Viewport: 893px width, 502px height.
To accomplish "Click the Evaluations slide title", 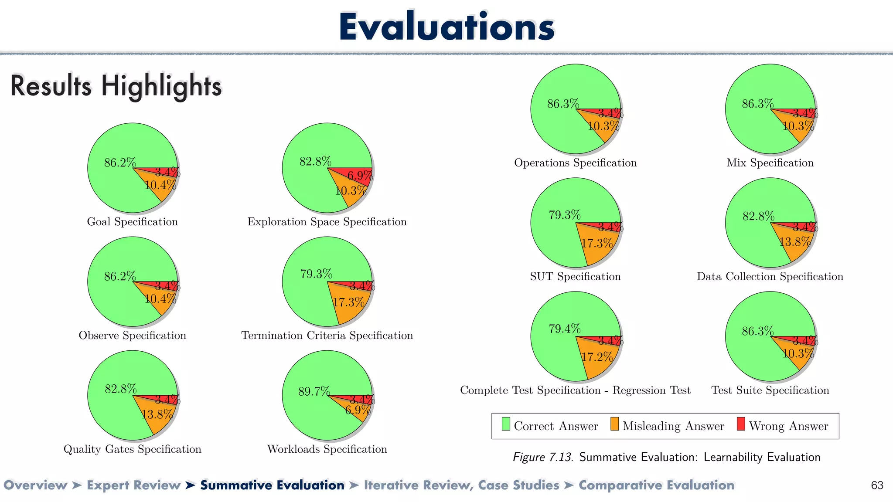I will [x=446, y=27].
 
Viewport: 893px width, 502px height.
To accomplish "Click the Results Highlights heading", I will [x=116, y=85].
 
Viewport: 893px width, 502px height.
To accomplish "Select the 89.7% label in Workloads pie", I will [x=314, y=391].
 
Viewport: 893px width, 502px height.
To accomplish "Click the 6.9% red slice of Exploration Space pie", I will [x=359, y=175].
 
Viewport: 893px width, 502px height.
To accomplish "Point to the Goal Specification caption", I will [x=133, y=222].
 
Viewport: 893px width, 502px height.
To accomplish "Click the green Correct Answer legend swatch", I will [x=506, y=424].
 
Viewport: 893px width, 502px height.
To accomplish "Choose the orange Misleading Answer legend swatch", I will [x=614, y=424].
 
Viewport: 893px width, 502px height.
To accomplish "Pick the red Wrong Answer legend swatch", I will [x=741, y=424].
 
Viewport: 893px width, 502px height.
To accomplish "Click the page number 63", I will [x=877, y=485].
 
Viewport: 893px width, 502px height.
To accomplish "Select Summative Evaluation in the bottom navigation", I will [x=272, y=485].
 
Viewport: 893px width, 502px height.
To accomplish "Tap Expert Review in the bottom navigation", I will [x=133, y=485].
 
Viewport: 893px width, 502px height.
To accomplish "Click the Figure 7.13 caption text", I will [x=666, y=457].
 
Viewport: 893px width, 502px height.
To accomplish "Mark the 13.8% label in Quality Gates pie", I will [x=157, y=414].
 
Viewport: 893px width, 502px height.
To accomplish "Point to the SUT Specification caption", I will [x=575, y=277].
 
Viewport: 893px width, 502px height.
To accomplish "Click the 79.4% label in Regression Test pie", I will [x=564, y=329].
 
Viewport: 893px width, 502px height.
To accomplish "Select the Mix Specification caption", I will [x=770, y=163].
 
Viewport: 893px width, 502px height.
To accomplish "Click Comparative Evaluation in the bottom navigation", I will [x=656, y=485].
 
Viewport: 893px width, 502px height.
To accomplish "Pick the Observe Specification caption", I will [x=133, y=336].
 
